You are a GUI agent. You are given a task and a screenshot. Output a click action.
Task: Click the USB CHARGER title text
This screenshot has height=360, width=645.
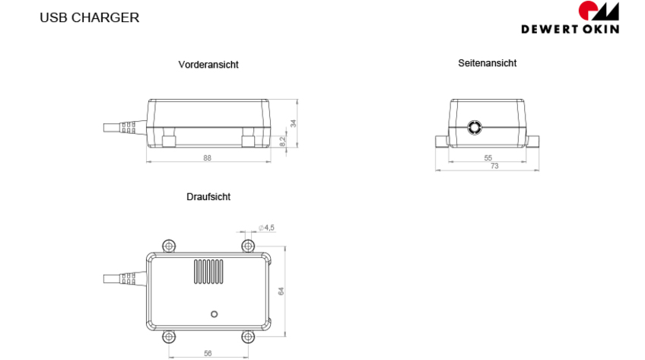point(89,18)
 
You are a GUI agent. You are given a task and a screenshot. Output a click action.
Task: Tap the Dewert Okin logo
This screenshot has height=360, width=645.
point(570,18)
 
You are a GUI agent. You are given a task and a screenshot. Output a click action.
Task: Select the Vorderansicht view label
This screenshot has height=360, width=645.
point(208,65)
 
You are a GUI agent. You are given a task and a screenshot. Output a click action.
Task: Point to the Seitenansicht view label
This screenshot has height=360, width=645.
point(487,63)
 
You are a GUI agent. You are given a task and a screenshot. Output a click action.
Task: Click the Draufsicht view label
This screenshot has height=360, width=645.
point(208,196)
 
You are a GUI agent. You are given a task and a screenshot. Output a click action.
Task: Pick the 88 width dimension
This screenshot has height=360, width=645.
point(207,158)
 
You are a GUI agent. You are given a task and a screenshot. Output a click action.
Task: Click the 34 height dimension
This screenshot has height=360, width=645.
point(293,123)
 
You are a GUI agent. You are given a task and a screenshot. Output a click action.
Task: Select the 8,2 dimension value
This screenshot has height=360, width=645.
point(283,142)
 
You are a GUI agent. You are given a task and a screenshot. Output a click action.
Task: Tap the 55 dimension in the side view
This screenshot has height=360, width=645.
point(488,158)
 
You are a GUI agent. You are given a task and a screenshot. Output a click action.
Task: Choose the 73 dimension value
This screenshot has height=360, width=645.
point(494,166)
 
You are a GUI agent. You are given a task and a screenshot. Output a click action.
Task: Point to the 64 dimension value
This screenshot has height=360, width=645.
point(281,292)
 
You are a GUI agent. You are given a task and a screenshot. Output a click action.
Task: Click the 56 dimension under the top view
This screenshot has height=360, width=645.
point(208,353)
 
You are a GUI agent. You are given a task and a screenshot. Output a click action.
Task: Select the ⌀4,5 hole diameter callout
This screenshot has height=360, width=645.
point(266,228)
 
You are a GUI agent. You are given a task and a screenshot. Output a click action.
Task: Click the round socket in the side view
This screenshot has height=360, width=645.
point(475,128)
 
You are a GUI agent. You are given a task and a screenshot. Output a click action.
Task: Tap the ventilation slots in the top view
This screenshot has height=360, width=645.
point(208,272)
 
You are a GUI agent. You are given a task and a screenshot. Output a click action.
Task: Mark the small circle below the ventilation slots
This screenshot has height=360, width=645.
point(214,314)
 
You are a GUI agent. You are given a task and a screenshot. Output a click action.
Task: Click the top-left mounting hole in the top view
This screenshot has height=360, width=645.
point(169,246)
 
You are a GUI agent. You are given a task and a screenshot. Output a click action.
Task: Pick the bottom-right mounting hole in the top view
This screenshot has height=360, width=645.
point(248,337)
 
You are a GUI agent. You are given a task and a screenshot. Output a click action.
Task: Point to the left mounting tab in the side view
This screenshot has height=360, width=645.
point(442,141)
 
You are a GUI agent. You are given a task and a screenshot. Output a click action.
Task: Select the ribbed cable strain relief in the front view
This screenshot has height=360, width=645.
point(128,128)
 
